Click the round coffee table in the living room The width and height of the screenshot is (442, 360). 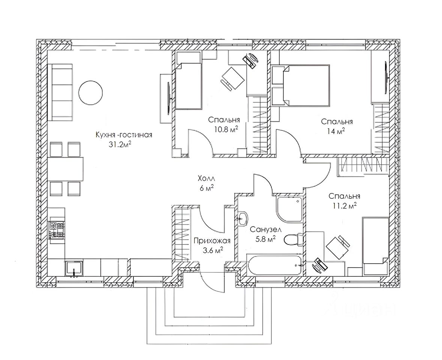[x=90, y=93]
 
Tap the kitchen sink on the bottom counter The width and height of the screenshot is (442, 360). [x=75, y=268]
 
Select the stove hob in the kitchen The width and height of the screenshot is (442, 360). [x=57, y=229]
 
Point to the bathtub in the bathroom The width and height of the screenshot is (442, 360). [x=275, y=266]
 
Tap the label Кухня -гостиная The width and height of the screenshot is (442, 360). [x=124, y=135]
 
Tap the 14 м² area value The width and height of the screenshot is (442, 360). [x=336, y=131]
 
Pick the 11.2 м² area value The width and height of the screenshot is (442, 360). [x=343, y=205]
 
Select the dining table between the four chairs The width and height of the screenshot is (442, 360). [x=65, y=169]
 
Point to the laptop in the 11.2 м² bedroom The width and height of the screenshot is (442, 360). [x=319, y=265]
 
